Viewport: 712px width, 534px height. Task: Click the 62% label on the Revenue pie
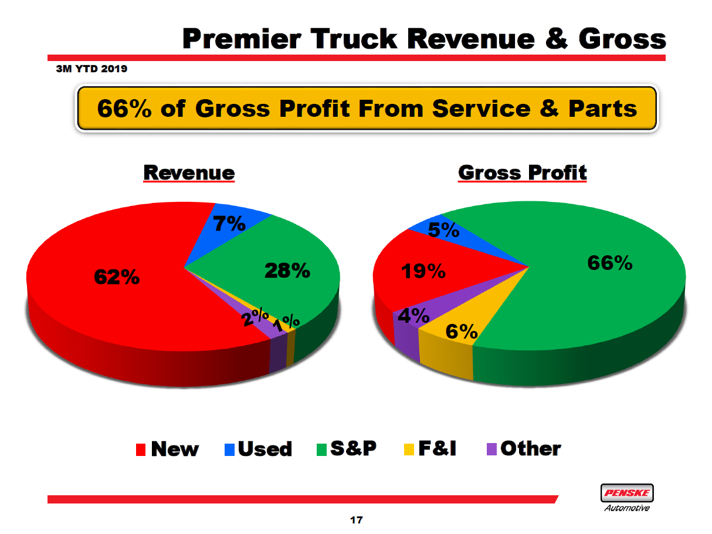(x=117, y=277)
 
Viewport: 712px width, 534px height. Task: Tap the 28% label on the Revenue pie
(x=286, y=271)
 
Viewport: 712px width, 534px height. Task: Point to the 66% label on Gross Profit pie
(x=610, y=263)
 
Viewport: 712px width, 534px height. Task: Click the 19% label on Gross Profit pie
(x=423, y=271)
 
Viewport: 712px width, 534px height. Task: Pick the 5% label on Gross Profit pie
(x=443, y=230)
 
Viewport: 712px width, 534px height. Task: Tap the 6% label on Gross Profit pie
(x=462, y=332)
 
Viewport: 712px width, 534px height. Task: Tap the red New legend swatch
(x=141, y=450)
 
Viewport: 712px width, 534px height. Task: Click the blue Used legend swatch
(x=229, y=450)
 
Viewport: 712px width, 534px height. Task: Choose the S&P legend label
(x=353, y=449)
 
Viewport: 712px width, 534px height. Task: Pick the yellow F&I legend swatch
(x=408, y=450)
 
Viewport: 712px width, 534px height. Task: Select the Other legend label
(x=531, y=449)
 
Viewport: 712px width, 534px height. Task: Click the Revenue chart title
(x=189, y=173)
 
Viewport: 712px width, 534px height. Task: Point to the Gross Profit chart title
(x=522, y=173)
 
